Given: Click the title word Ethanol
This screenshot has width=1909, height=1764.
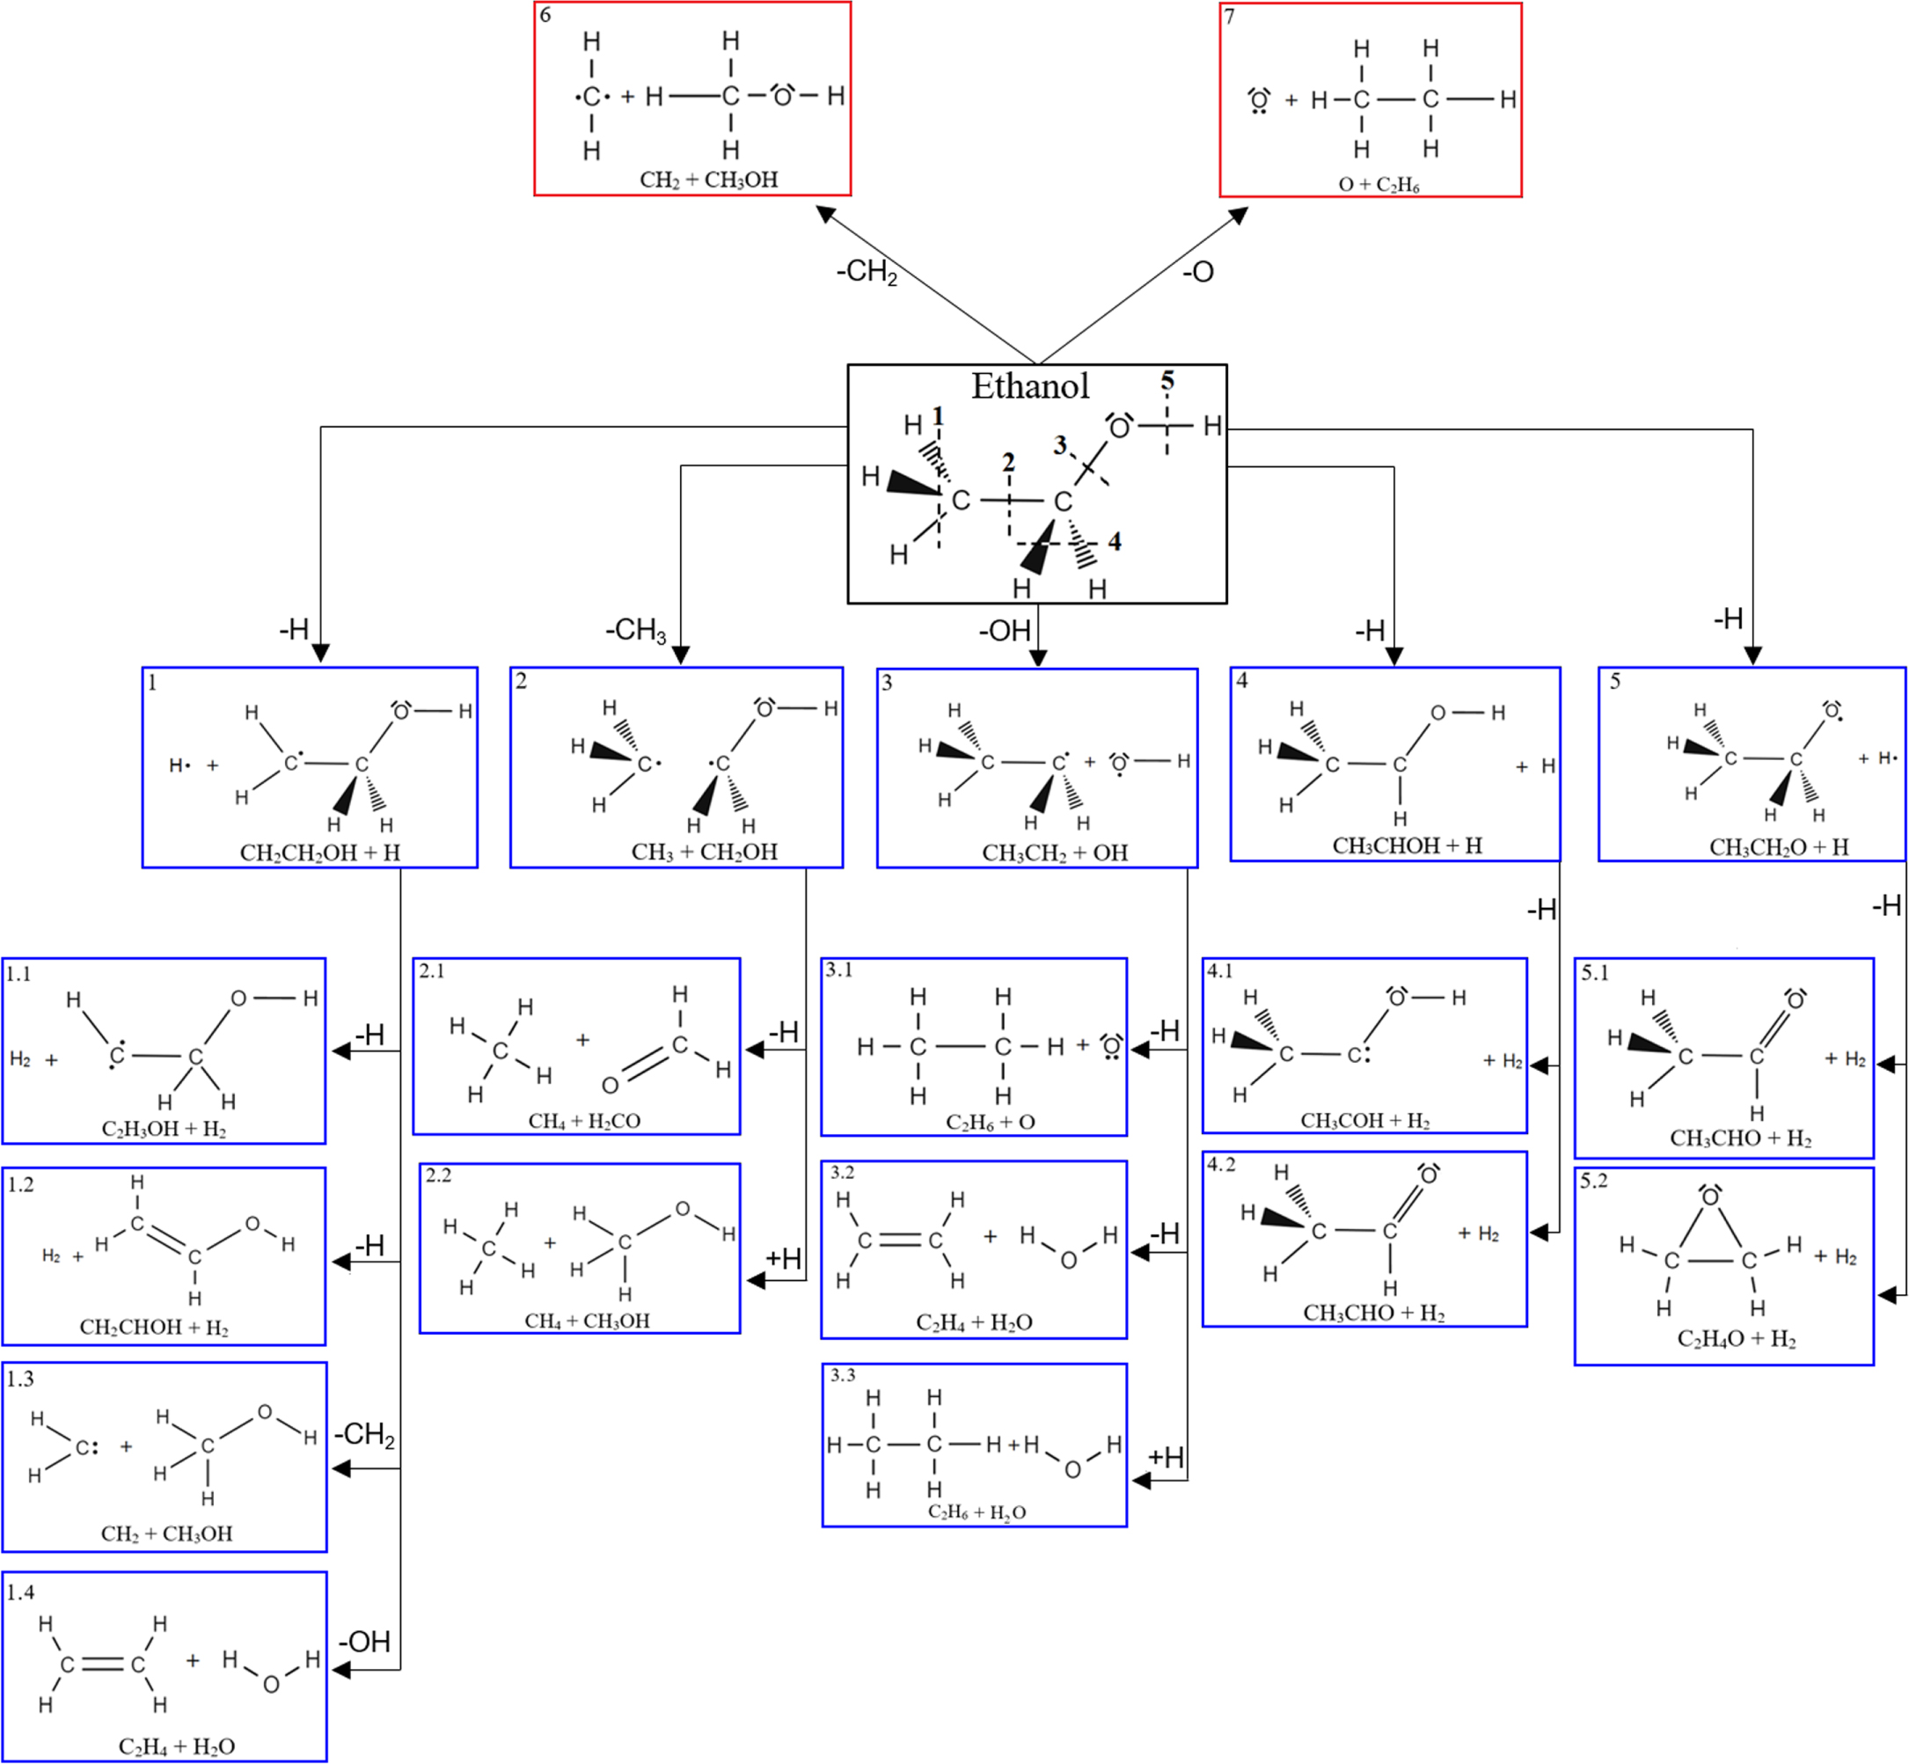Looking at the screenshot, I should coord(1030,386).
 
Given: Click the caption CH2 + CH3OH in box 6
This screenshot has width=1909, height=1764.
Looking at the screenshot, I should coord(708,179).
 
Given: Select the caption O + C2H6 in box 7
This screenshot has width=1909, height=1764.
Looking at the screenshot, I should coord(1379,184).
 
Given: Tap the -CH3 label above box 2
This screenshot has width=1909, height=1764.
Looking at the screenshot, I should coord(636,630).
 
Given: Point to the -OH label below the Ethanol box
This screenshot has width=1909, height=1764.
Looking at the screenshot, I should coord(1004,631).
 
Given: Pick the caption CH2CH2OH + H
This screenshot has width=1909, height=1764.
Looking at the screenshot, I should coord(319,853).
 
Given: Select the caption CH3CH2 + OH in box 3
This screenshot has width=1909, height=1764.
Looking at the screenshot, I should coord(1055,853).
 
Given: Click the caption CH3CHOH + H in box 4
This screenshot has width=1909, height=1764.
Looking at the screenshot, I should coord(1407,845).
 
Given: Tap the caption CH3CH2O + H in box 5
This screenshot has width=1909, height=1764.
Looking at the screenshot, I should coord(1779,846).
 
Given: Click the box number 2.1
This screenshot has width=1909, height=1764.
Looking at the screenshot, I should coord(431,970).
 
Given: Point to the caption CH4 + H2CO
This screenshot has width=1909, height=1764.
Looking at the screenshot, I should coord(584,1121).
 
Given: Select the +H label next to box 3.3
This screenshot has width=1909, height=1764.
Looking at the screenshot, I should coord(1166,1458).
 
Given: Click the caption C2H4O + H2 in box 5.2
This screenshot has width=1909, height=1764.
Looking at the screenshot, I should coord(1737,1339).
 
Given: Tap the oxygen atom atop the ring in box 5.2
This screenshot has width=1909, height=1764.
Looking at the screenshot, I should coord(1709,1197).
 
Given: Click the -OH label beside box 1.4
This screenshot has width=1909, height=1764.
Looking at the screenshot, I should coord(364,1642).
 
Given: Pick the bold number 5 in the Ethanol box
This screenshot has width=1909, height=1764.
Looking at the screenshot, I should coord(1167,381).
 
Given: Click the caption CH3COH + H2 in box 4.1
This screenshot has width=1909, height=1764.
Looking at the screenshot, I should coord(1365,1121).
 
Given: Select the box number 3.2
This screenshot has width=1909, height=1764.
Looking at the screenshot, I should coord(842,1172).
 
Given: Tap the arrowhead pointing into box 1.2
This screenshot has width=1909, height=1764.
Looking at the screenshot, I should coord(340,1262).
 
